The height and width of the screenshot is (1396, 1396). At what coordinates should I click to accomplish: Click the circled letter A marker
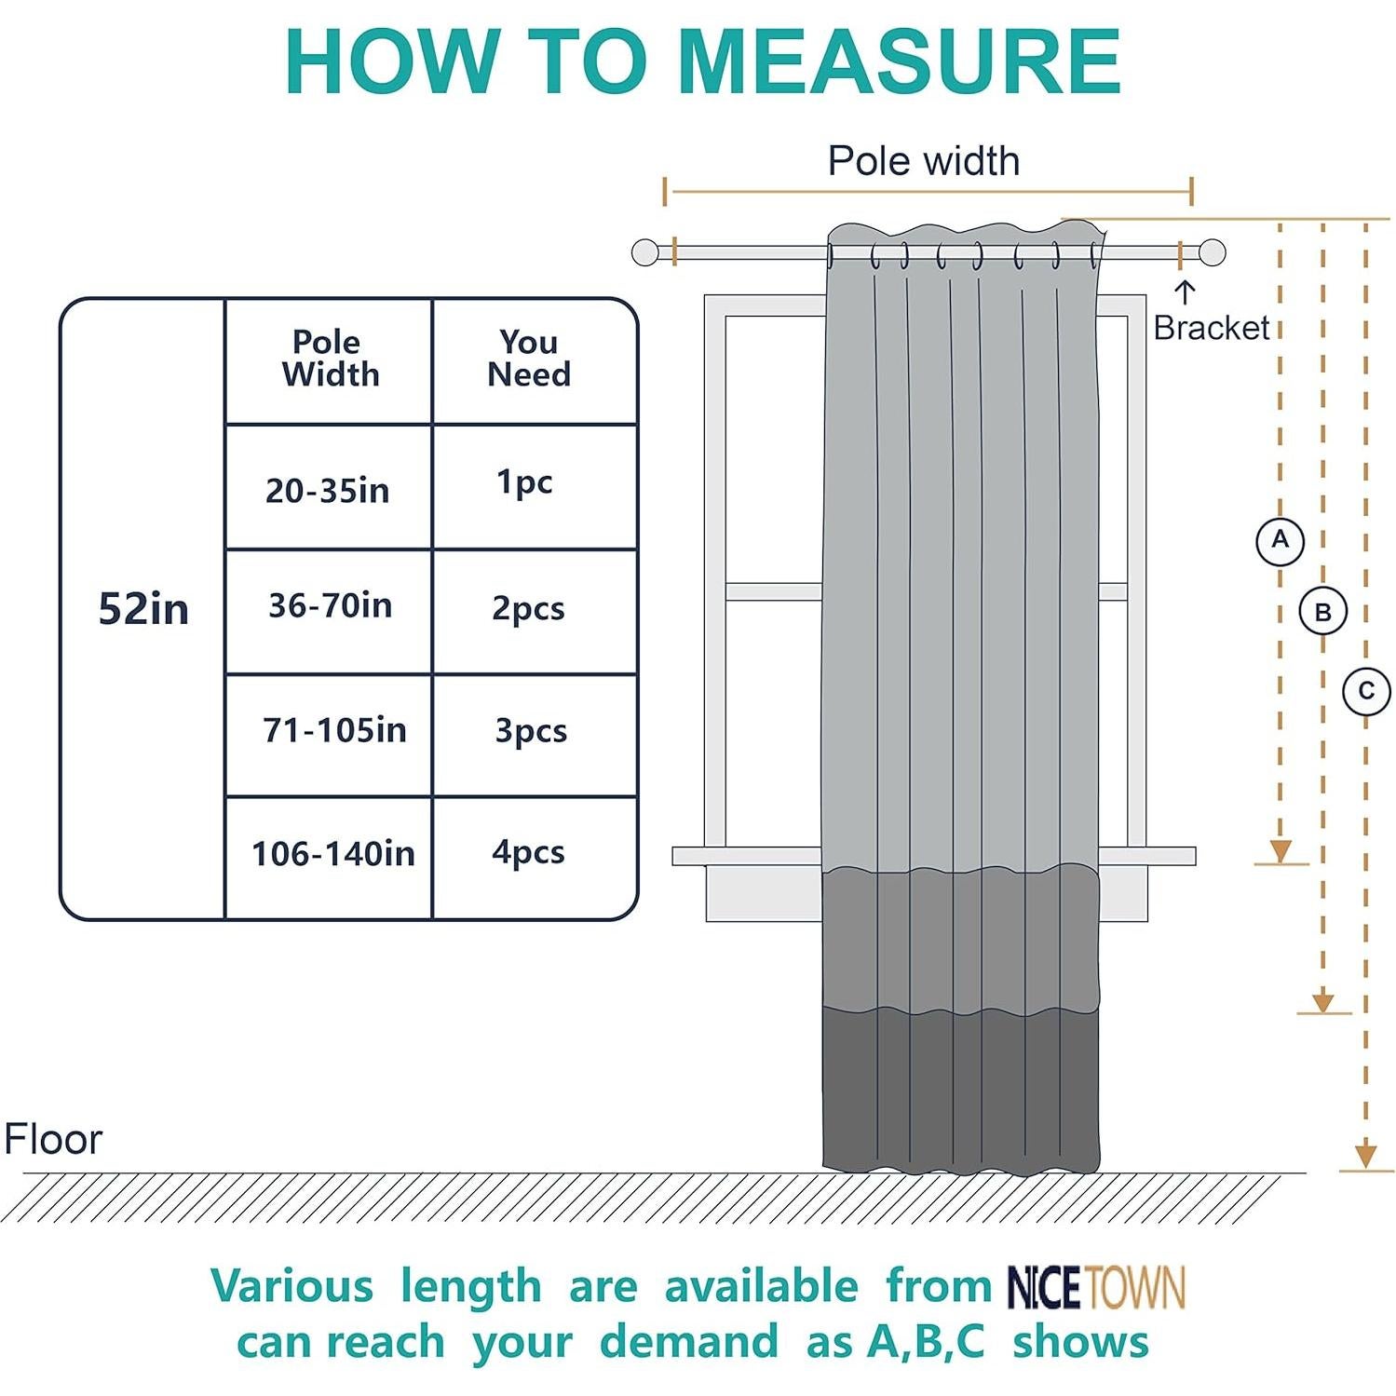(1280, 540)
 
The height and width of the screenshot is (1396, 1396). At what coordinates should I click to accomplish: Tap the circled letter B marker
(1322, 613)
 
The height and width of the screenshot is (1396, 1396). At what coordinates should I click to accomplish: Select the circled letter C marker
(1366, 691)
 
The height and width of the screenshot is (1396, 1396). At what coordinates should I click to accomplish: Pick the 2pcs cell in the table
(528, 608)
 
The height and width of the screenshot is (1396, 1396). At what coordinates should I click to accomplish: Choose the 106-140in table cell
(332, 853)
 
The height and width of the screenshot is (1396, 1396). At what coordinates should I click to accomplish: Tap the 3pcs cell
(531, 731)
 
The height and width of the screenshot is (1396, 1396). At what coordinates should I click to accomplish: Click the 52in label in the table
(143, 609)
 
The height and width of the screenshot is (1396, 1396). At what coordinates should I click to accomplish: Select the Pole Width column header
(330, 359)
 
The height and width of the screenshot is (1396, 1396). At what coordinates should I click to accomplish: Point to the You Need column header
(529, 359)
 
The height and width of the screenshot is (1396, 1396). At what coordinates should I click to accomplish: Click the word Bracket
(1211, 328)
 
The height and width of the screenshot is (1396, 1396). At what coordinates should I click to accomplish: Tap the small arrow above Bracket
(1184, 292)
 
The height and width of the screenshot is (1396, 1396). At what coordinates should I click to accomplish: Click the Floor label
(53, 1139)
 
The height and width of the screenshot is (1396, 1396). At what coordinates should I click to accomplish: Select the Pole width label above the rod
(923, 161)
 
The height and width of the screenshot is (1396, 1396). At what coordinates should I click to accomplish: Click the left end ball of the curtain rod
(644, 252)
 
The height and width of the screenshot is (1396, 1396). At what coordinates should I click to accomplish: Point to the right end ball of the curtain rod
(1212, 252)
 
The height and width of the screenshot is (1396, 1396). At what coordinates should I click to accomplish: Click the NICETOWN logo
(1096, 1288)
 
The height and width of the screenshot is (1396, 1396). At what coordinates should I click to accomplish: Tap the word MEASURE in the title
(900, 61)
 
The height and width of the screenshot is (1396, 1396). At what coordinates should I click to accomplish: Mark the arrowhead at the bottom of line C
(1365, 1156)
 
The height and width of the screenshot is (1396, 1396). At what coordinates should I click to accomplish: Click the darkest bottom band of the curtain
(960, 1090)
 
